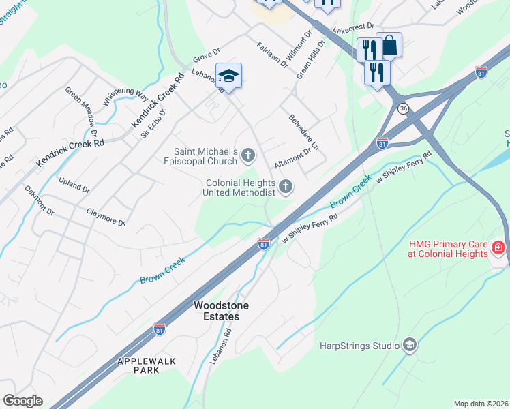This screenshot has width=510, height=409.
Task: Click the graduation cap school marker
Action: [x=228, y=76]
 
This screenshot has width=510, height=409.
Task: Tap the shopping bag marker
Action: [x=389, y=46]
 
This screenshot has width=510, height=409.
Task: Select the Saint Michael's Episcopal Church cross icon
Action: [x=247, y=157]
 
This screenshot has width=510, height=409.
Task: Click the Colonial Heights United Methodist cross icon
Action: [x=286, y=186]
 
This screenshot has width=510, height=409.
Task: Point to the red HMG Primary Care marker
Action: [x=498, y=249]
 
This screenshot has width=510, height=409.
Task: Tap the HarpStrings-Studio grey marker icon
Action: [x=409, y=345]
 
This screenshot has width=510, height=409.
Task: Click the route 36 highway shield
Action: [x=404, y=108]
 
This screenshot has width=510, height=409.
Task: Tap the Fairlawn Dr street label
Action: [x=271, y=56]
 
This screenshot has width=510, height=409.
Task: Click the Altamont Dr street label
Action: [x=292, y=160]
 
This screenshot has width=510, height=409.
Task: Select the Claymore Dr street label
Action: [x=106, y=217]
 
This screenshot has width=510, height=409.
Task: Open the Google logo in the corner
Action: [x=22, y=401]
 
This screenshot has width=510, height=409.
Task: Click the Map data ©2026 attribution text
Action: [x=480, y=404]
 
